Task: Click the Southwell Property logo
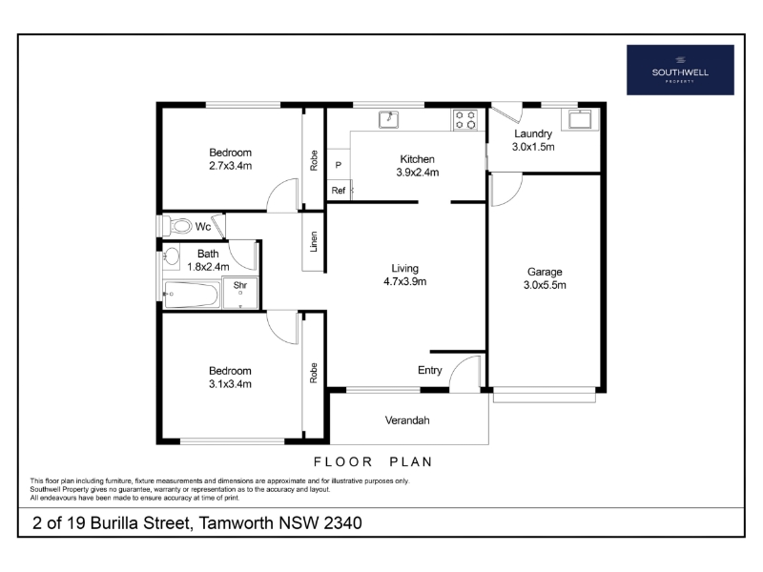[x=680, y=70]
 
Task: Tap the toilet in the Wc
[x=177, y=226]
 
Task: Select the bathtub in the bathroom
[x=192, y=295]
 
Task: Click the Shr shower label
[x=240, y=285]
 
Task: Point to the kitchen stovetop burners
[x=465, y=120]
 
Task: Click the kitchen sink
[x=389, y=120]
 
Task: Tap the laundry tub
[x=580, y=119]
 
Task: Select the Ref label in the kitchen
[x=339, y=191]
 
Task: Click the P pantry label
[x=339, y=165]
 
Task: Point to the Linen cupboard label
[x=314, y=242]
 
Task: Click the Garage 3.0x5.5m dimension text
[x=545, y=285]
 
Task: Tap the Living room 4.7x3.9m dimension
[x=404, y=281]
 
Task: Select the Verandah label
[x=407, y=420]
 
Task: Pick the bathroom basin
[x=171, y=256]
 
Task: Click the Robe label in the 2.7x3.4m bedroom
[x=314, y=160]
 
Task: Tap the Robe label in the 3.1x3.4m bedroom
[x=314, y=373]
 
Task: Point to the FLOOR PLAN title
[x=373, y=461]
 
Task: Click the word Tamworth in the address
[x=236, y=523]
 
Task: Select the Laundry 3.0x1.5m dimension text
[x=533, y=147]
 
